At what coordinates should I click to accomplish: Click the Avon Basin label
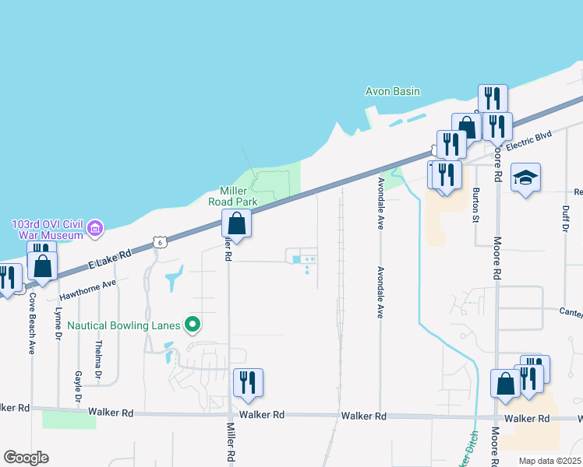click(393, 91)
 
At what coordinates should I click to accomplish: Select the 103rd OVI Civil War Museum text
click(47, 230)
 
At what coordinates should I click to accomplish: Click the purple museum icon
click(95, 229)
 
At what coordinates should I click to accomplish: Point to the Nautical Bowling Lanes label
click(125, 325)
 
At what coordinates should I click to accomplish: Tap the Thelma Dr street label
click(98, 360)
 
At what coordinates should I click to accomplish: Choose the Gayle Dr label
click(78, 386)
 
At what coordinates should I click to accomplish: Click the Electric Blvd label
click(528, 140)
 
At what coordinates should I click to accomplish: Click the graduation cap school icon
click(525, 177)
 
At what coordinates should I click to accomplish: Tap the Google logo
click(26, 458)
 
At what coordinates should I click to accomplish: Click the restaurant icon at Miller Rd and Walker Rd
click(248, 382)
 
